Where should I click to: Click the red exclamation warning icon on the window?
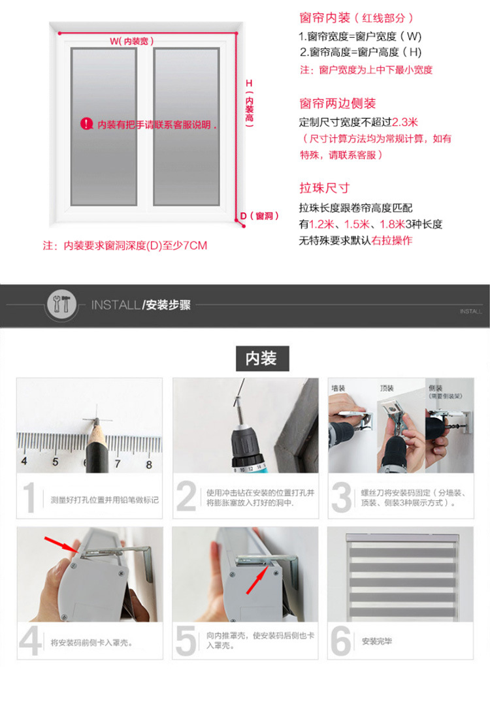pos(87,123)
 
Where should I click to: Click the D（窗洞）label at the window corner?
pos(259,216)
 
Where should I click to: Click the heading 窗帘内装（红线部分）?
pos(356,18)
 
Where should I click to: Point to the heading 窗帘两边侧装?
pos(337,104)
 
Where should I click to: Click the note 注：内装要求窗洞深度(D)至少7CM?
pos(125,246)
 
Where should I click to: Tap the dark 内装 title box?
pos(261,359)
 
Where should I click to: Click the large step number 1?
pos(28,498)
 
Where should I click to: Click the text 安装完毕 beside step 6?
pos(378,641)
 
